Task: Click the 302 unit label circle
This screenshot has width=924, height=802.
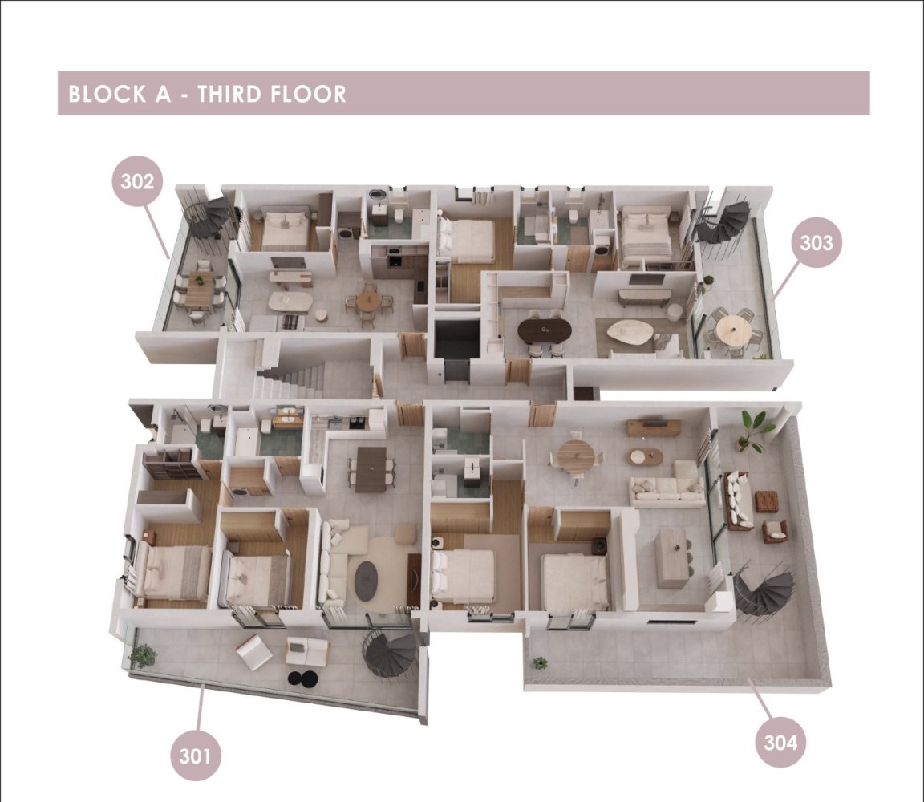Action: pos(136,181)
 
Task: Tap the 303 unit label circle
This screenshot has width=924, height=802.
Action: pos(817,242)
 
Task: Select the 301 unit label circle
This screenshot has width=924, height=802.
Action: pos(195,755)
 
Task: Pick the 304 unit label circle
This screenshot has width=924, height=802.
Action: pos(780,743)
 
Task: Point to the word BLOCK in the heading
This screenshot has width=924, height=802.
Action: pos(107,94)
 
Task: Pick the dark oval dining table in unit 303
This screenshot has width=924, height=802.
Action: pos(545,331)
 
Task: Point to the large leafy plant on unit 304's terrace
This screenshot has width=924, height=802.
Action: pos(752,430)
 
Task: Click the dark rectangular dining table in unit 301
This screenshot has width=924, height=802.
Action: pos(372,469)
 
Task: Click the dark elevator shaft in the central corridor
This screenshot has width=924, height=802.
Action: pos(456,340)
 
